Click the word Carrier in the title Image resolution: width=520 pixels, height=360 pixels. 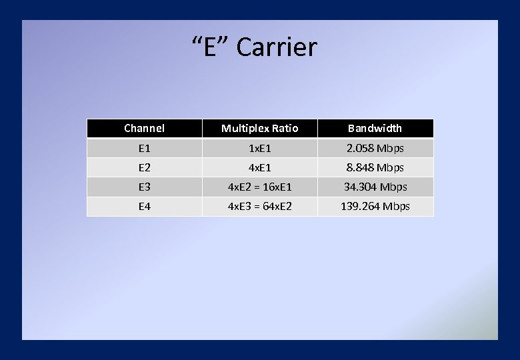click(277, 47)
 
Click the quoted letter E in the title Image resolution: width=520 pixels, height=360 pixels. click(210, 47)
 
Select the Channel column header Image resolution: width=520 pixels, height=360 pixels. click(144, 128)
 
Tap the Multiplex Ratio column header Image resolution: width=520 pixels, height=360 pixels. click(259, 128)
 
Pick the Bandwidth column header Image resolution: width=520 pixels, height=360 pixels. click(375, 128)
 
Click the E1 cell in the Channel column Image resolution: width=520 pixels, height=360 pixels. click(144, 148)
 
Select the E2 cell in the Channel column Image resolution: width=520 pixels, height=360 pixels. click(144, 167)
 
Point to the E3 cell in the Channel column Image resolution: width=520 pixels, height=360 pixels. click(144, 187)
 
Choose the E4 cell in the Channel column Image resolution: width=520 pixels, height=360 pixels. click(144, 207)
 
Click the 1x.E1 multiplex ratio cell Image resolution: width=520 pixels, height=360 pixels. click(259, 148)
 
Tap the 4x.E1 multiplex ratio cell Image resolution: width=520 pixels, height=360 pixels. click(259, 167)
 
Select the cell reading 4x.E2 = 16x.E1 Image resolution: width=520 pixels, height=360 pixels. click(259, 187)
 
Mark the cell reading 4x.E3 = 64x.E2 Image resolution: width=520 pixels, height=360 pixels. click(259, 207)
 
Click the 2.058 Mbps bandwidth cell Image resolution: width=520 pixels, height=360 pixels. click(375, 148)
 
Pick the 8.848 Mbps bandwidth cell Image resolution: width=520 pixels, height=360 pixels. click(375, 167)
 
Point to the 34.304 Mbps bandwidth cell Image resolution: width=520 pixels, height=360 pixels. click(375, 187)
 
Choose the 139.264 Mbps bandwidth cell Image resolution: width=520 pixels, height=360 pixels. click(375, 207)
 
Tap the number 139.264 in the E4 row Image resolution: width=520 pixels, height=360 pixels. click(360, 207)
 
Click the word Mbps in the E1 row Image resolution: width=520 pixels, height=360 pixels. click(389, 148)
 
